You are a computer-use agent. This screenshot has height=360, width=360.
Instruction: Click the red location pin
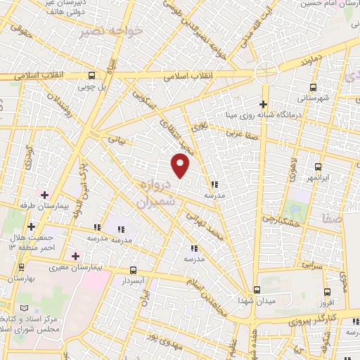pos(181,165)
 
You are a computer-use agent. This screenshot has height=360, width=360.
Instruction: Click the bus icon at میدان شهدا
pos(257,290)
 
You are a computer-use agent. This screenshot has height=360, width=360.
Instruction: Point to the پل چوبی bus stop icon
pos(91,75)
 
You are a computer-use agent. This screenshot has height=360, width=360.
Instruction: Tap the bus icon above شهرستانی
pos(313,89)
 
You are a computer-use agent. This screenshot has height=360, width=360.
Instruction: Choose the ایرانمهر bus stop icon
pos(319,167)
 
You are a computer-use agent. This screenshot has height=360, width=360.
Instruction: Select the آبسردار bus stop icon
pos(133,270)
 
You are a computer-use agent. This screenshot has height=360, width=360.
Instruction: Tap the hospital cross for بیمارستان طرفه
pos(44,194)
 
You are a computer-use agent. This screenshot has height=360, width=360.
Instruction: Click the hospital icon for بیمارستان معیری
pos(75,255)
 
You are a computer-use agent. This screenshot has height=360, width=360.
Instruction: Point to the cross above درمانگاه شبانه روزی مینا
pos(264,105)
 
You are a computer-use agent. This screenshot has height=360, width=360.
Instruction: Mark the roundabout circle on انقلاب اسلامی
pos(266,70)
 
